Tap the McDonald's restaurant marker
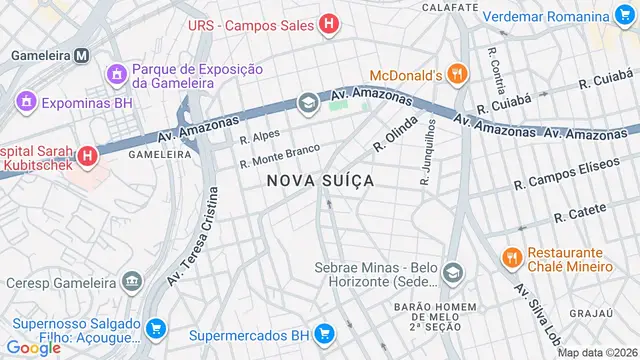[457, 73]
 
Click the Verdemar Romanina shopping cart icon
[626, 17]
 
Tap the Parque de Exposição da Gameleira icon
[117, 75]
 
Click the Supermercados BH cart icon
[323, 334]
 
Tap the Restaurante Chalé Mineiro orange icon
[511, 259]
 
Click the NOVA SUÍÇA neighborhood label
[320, 181]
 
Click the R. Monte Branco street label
[279, 156]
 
